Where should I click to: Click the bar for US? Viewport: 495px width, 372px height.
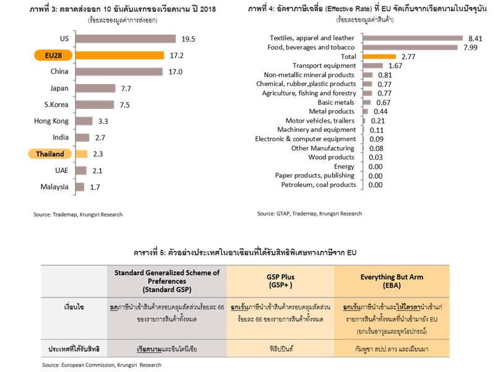(x=126, y=39)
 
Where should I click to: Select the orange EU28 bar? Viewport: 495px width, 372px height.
(x=119, y=55)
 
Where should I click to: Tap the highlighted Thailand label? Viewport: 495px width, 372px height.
(x=51, y=154)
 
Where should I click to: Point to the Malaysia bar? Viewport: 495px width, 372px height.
(x=80, y=186)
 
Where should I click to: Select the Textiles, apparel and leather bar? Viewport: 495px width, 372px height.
(x=413, y=38)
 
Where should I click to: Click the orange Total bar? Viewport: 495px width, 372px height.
(x=379, y=56)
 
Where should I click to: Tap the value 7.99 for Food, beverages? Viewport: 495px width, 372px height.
(x=470, y=47)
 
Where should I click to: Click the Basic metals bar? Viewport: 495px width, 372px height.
(x=367, y=102)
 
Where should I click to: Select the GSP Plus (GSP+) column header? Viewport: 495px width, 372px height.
(x=280, y=279)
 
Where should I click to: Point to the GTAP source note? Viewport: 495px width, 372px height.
(x=309, y=214)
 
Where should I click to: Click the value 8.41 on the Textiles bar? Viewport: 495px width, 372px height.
(x=474, y=38)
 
